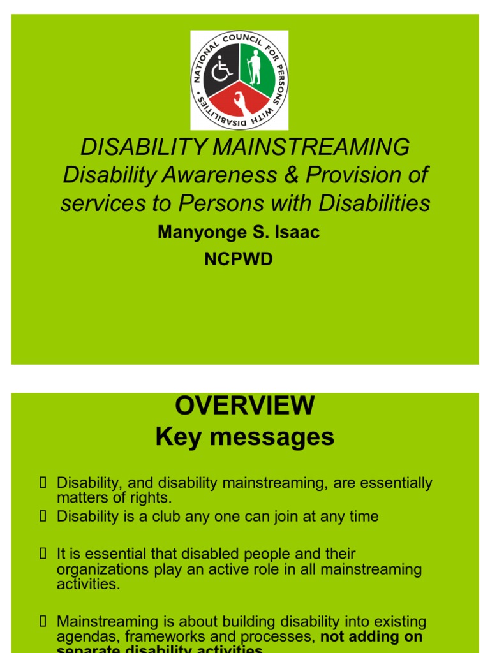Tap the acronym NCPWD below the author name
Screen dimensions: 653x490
coord(239,260)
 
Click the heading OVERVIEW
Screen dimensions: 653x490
coord(245,406)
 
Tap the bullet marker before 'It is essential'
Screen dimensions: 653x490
coord(43,554)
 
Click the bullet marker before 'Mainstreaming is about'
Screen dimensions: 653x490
coord(43,620)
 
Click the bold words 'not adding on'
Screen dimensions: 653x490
coord(371,636)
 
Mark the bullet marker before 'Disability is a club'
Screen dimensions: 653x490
coord(43,516)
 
